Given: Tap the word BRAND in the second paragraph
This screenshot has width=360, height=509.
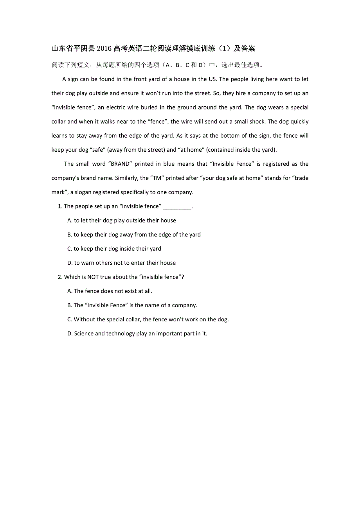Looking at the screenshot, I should pos(120,164).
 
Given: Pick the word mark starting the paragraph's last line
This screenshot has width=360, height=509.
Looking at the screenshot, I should pos(58,192).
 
